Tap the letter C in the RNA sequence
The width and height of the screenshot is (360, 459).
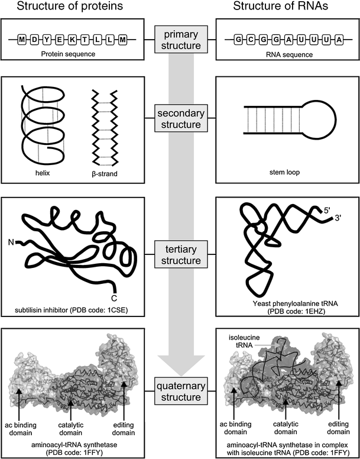coord(250,40)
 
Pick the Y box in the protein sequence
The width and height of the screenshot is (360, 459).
coord(47,40)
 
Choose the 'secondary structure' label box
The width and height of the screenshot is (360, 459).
coord(180,118)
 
